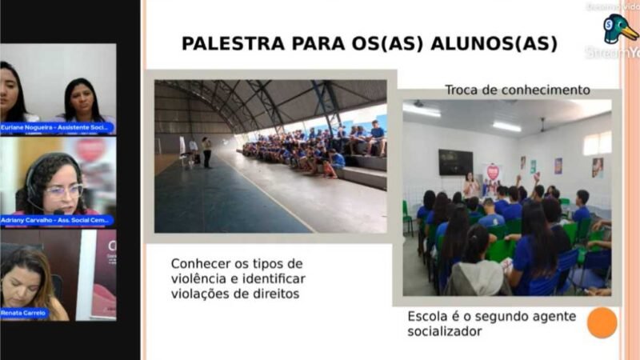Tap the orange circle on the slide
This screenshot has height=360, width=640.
point(602,322)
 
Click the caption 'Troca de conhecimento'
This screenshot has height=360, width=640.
point(518,90)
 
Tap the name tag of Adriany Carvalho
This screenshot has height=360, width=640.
point(57,221)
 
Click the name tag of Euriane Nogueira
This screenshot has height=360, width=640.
point(57,128)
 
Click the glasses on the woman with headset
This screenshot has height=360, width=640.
point(64,190)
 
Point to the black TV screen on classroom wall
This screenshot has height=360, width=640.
point(455,162)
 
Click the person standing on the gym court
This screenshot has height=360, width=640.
point(206,151)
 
